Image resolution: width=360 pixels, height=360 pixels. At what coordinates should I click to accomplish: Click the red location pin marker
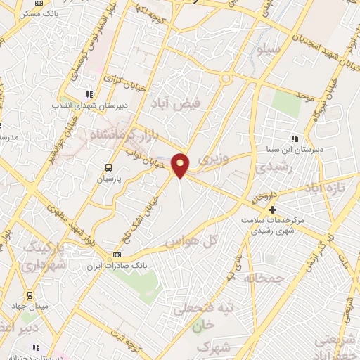(181, 165)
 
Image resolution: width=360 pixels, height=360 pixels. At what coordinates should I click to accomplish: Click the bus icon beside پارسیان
(108, 167)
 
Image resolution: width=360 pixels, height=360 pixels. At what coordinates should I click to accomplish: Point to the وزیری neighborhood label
(214, 160)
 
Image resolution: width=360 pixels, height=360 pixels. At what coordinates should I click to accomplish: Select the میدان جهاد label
(29, 307)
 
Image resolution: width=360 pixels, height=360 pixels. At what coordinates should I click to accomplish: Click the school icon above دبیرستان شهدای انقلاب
(89, 94)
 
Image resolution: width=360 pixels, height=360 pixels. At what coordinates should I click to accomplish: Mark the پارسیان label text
(108, 179)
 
